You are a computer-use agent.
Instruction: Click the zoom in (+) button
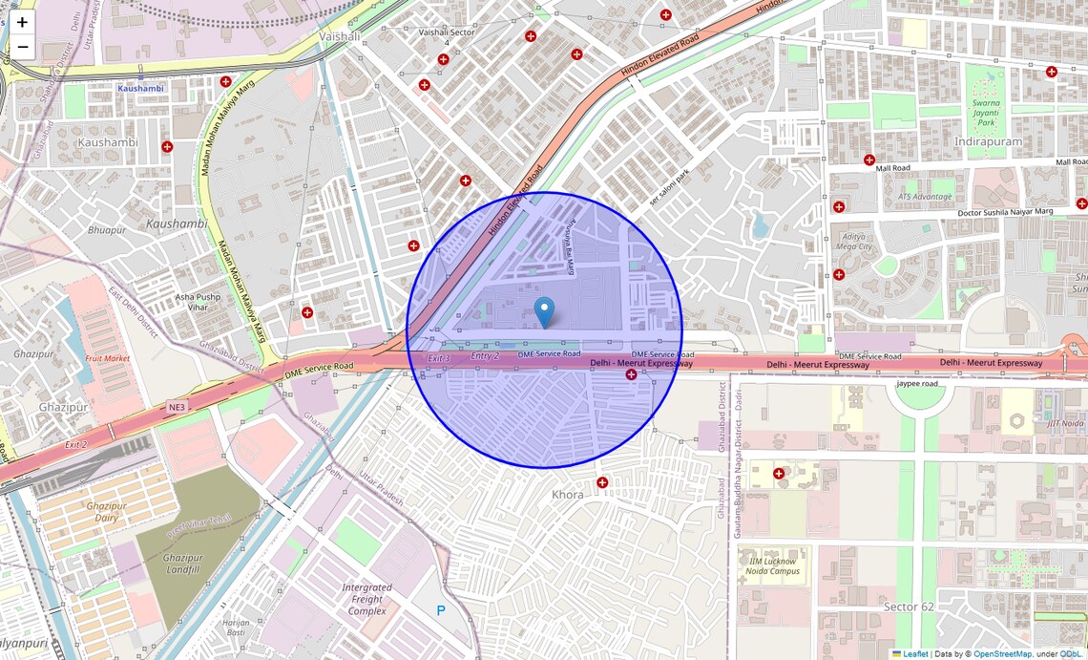(x=22, y=22)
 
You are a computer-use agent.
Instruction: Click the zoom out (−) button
(x=22, y=47)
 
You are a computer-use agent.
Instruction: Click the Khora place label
(x=568, y=495)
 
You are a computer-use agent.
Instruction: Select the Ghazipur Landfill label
(x=182, y=564)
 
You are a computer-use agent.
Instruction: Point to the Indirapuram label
(x=988, y=141)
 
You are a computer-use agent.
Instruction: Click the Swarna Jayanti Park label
(x=986, y=113)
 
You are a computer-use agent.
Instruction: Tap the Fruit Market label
(x=108, y=358)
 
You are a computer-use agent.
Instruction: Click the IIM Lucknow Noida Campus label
(x=772, y=564)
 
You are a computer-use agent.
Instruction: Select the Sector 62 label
(x=908, y=607)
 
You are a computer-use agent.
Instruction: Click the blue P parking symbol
(x=441, y=610)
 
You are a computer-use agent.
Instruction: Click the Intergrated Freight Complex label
(x=366, y=599)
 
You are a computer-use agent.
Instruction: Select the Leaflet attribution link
(x=915, y=654)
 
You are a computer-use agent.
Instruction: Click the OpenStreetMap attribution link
(x=1002, y=654)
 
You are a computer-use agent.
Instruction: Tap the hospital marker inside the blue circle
(x=631, y=375)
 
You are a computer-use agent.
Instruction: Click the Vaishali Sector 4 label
(x=447, y=36)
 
